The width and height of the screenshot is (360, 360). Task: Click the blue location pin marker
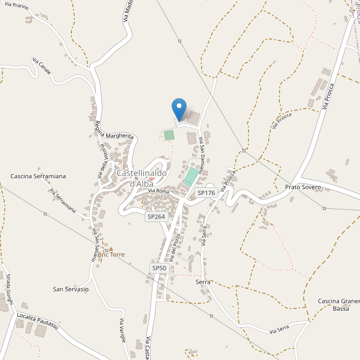click(x=179, y=110)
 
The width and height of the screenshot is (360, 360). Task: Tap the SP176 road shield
click(x=206, y=193)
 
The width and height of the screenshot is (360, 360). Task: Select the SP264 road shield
click(x=155, y=216)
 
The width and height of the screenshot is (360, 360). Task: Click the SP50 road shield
click(x=158, y=268)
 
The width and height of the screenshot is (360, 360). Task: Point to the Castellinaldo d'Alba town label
click(x=142, y=178)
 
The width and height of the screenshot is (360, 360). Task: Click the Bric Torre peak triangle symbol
click(x=110, y=248)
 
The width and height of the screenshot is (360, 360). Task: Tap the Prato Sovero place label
click(x=303, y=187)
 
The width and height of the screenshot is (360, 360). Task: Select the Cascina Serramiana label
click(x=38, y=176)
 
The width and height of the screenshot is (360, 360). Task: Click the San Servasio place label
click(x=71, y=289)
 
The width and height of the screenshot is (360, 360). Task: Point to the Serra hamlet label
click(x=202, y=281)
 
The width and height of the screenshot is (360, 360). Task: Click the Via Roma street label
click(x=159, y=191)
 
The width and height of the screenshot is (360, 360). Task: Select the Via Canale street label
click(x=41, y=68)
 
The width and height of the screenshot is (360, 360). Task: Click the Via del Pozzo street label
click(x=175, y=245)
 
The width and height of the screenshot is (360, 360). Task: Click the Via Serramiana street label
click(x=62, y=201)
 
